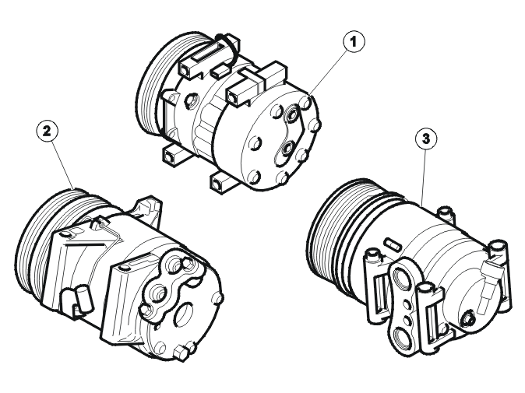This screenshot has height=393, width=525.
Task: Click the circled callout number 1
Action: [x=354, y=42]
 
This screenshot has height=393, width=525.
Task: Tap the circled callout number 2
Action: [x=47, y=131]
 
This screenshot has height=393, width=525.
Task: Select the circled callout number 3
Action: [x=426, y=139]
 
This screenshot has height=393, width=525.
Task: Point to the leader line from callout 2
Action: [x=62, y=165]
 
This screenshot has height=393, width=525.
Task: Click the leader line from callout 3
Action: [x=425, y=177]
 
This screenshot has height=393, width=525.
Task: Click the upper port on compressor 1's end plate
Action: [x=292, y=114]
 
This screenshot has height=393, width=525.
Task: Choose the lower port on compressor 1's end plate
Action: [x=287, y=149]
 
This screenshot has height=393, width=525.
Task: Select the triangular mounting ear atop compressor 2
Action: [x=148, y=209]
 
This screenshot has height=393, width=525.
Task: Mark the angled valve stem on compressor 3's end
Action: [x=488, y=283]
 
